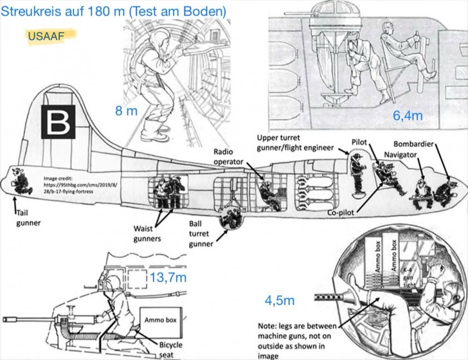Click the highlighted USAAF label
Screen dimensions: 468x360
tap(46, 36)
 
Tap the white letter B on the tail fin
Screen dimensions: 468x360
tap(58, 122)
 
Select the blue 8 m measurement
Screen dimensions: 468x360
tap(126, 111)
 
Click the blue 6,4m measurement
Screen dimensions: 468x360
tap(408, 115)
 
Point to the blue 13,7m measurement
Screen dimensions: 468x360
tap(168, 278)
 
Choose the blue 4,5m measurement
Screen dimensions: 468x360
tap(279, 300)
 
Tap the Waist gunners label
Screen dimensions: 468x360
tap(147, 234)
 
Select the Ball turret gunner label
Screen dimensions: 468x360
tap(201, 234)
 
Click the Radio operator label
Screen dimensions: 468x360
tap(228, 157)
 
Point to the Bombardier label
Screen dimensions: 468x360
tap(413, 144)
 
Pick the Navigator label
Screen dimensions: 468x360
tap(400, 155)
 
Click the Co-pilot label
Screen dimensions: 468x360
tap(341, 213)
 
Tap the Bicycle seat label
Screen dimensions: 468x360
tap(170, 350)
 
